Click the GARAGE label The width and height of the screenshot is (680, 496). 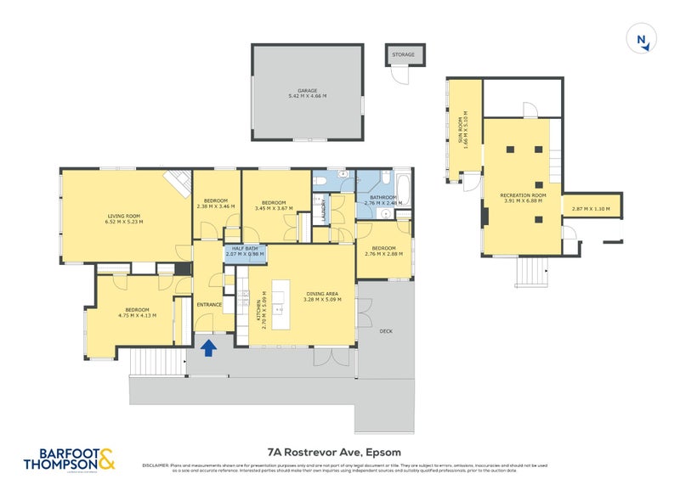pos(307,92)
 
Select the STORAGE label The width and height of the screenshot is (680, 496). pos(403,54)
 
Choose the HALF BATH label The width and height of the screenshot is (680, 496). pos(244,250)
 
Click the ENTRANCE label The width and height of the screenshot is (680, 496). pos(209,304)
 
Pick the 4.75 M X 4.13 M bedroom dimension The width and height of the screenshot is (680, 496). pos(137,314)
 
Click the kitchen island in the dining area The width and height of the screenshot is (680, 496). pos(280,299)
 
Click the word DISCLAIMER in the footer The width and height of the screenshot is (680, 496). pos(156,465)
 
